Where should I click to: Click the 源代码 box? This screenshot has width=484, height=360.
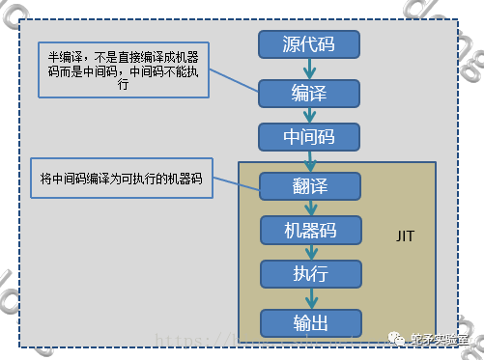tap(309, 44)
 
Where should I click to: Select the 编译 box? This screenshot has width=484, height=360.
tap(309, 93)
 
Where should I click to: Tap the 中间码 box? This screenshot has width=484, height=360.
tap(309, 135)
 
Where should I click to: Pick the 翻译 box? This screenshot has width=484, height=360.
tap(309, 185)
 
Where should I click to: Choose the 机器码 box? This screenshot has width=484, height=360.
tap(309, 230)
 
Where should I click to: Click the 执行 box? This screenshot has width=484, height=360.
tap(309, 273)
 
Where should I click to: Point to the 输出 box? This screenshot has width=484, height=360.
tap(309, 321)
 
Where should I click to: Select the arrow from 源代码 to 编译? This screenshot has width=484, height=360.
tap(309, 69)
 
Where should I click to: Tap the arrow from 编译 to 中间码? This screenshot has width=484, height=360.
tap(309, 114)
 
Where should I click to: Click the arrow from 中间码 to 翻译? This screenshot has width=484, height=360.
tap(309, 160)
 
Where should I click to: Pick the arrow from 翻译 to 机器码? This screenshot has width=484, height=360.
tap(309, 208)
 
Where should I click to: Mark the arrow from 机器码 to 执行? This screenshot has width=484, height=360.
tap(309, 252)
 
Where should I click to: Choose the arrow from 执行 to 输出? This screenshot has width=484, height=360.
tap(309, 297)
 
